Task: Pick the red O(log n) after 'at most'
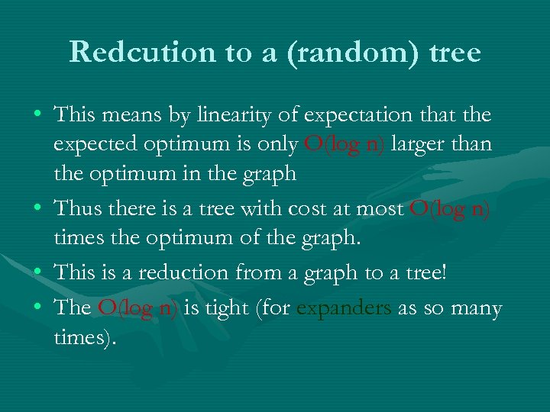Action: point(449,209)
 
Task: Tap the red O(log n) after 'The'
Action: point(137,308)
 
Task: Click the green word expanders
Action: point(344,308)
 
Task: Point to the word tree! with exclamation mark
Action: point(427,272)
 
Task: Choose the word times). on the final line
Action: point(85,337)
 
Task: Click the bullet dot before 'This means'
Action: point(37,116)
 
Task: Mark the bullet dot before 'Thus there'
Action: point(37,209)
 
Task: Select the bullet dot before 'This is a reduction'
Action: point(37,272)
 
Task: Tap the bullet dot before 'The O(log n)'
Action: point(37,308)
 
